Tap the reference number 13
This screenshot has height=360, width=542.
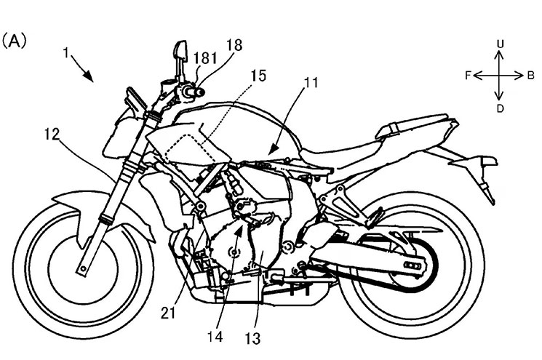(254, 337)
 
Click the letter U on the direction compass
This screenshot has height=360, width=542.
(500, 44)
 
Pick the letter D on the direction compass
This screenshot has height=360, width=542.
(500, 108)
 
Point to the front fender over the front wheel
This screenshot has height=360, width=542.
(76, 203)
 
